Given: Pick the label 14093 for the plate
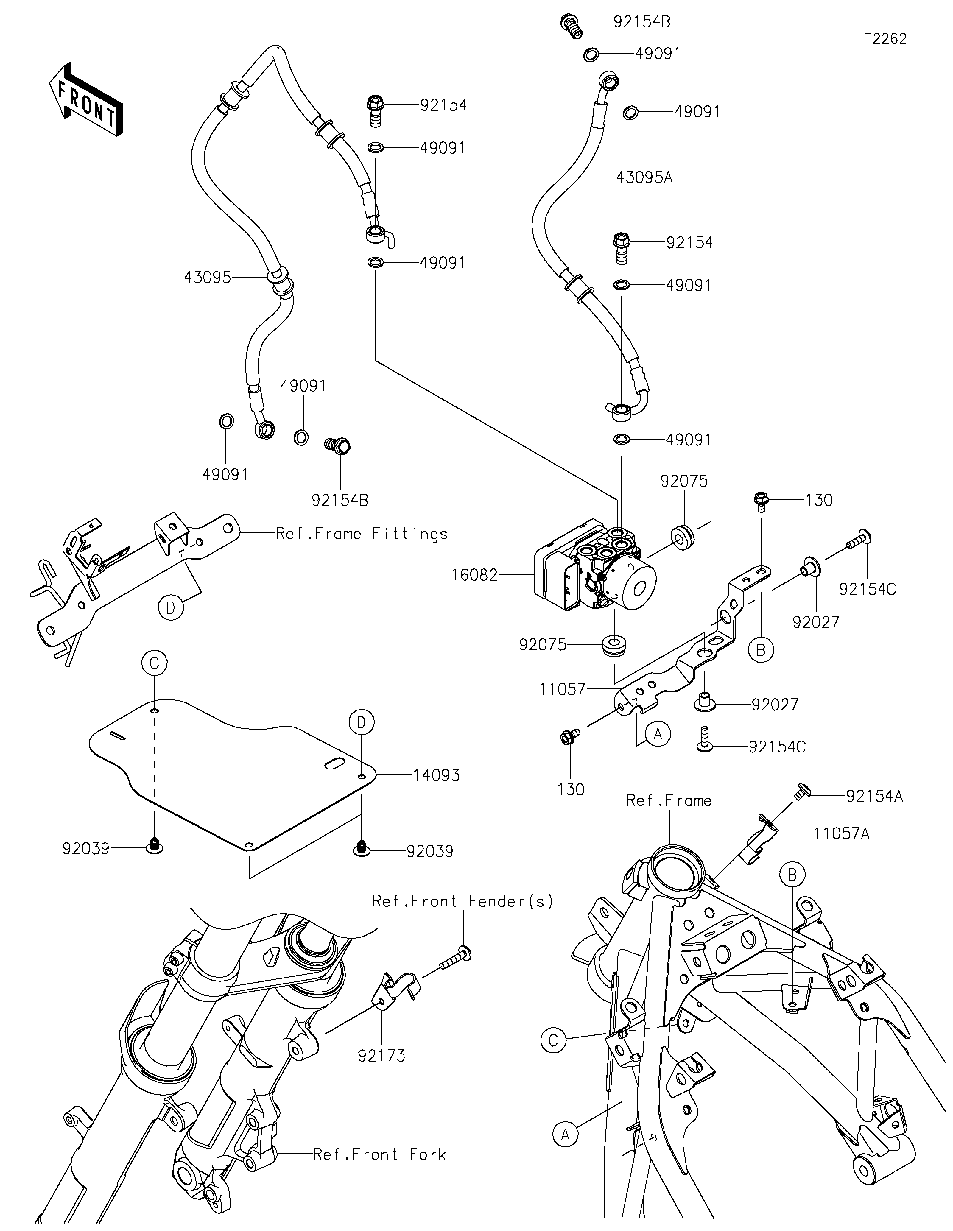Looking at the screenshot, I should (436, 776).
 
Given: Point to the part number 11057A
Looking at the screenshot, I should (841, 833).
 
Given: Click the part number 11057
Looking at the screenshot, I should (563, 689).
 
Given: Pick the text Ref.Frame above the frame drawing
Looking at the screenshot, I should (669, 800).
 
